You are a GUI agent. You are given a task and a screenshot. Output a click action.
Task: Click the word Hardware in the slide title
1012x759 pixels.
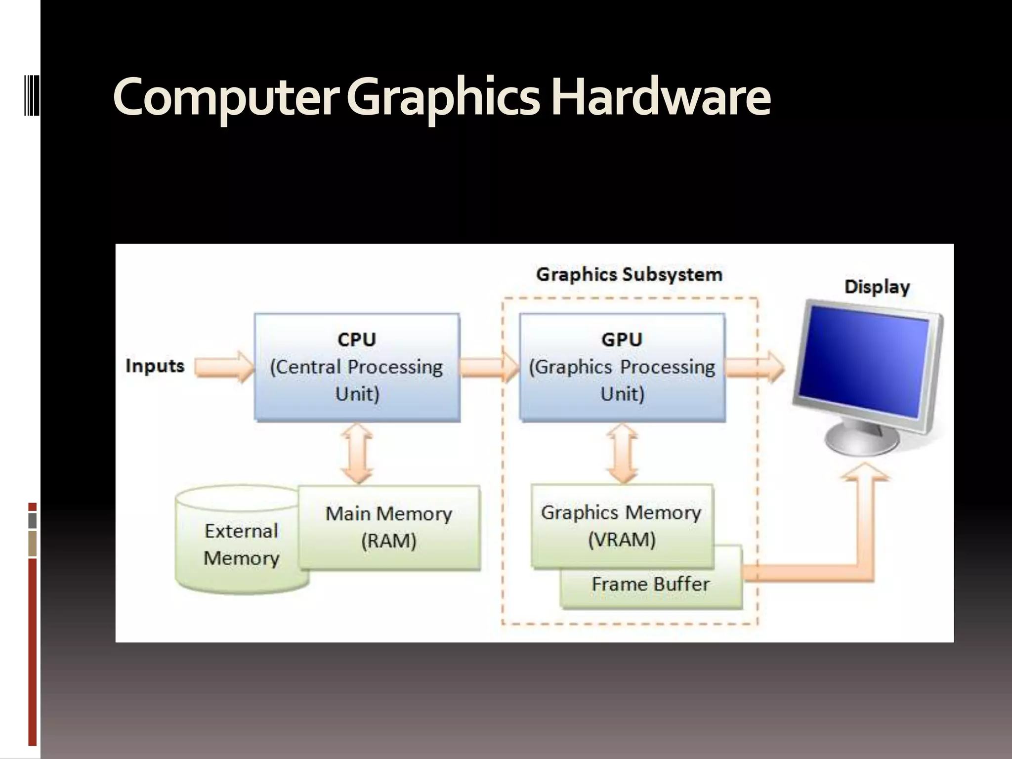[661, 97]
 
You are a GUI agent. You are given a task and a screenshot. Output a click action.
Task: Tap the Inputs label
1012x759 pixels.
[155, 366]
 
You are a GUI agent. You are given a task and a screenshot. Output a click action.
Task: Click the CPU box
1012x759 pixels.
[357, 367]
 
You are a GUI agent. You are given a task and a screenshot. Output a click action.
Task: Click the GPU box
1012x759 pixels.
[622, 367]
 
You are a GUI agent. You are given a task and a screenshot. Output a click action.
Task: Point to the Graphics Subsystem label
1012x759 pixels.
[629, 274]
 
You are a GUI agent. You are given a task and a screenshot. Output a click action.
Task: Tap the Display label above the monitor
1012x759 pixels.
[877, 287]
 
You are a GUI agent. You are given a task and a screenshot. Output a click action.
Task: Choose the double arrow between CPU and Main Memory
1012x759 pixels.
[357, 453]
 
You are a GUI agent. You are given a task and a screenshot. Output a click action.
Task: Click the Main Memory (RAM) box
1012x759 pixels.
[389, 527]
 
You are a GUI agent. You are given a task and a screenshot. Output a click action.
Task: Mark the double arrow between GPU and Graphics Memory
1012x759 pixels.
[622, 453]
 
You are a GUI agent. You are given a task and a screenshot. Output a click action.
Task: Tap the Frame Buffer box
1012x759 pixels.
[651, 585]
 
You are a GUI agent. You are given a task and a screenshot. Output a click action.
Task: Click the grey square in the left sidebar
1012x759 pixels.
[33, 520]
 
